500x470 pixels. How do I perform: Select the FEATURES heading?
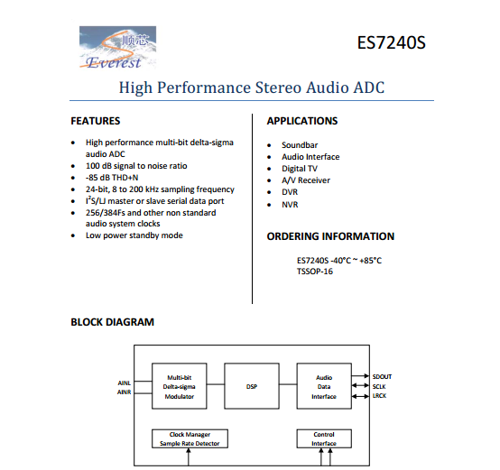click(96, 121)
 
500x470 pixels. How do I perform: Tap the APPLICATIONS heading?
click(302, 121)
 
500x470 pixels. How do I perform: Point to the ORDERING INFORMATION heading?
click(330, 236)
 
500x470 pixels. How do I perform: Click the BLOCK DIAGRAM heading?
click(113, 322)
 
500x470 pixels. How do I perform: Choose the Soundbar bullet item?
click(300, 145)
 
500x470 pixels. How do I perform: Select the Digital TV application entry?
click(300, 169)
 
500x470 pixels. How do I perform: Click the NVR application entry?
click(291, 205)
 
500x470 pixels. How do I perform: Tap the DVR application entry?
click(291, 192)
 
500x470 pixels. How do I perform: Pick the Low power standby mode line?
click(134, 235)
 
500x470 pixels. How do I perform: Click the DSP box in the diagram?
click(252, 386)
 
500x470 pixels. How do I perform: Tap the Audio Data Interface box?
click(324, 386)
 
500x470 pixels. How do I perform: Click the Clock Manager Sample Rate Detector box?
click(189, 438)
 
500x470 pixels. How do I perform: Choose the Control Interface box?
click(324, 438)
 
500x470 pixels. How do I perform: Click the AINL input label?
click(125, 382)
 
